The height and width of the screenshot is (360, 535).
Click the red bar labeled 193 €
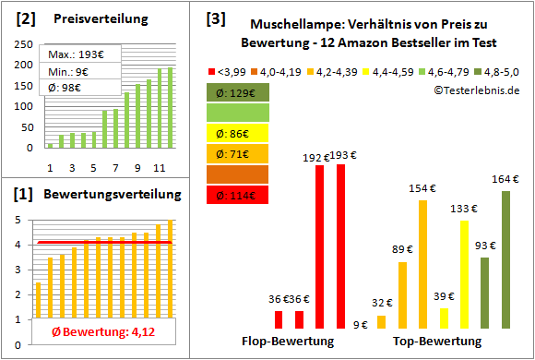[x=340, y=246]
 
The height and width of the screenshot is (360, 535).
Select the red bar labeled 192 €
[x=320, y=246]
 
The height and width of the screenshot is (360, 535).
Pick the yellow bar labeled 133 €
[x=464, y=274]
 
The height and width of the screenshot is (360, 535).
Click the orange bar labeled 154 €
[x=422, y=264]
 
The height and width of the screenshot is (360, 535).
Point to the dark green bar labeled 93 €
[x=485, y=293]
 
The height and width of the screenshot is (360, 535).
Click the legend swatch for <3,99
[x=212, y=70]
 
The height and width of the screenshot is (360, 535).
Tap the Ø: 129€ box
[x=238, y=92]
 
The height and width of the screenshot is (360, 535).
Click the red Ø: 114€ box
[x=238, y=194]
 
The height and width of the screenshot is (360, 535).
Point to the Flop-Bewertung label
[x=288, y=342]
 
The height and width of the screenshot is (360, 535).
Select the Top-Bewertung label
[x=437, y=342]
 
